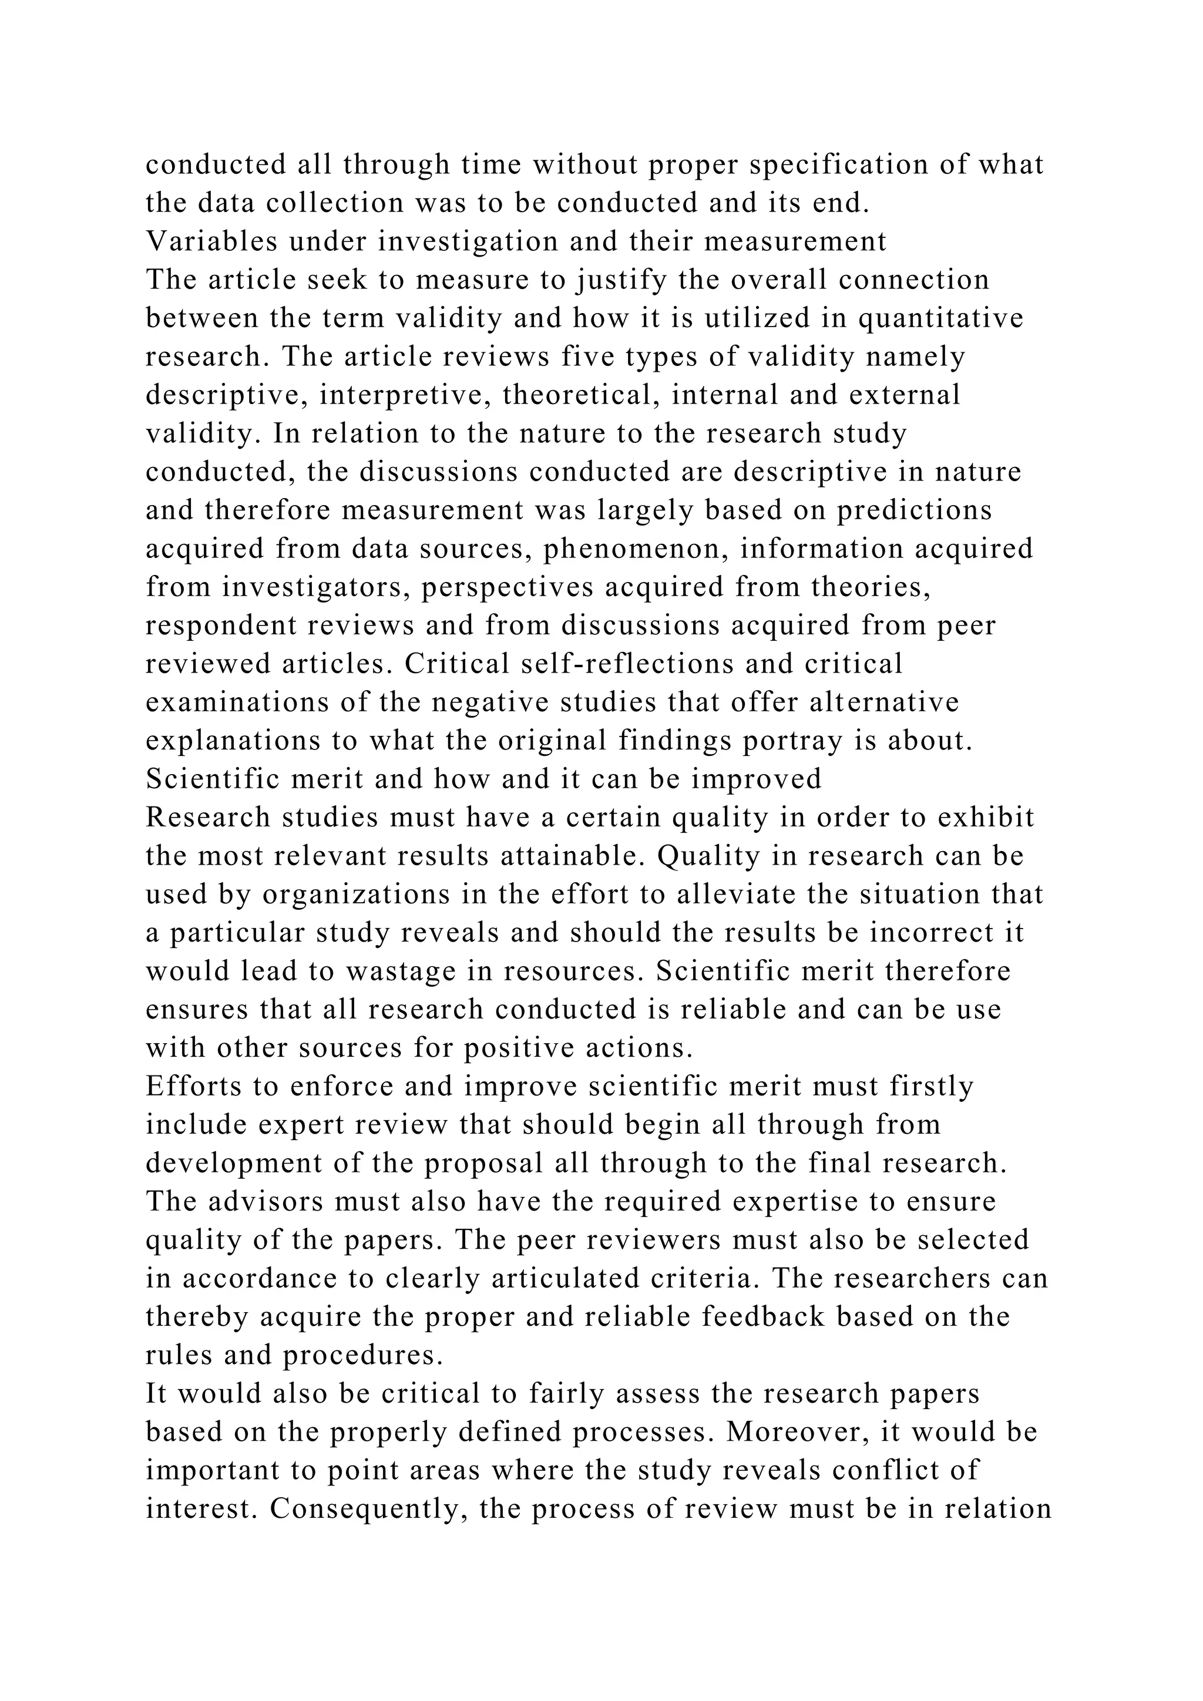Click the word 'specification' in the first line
click(x=839, y=164)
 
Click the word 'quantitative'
click(x=941, y=318)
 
